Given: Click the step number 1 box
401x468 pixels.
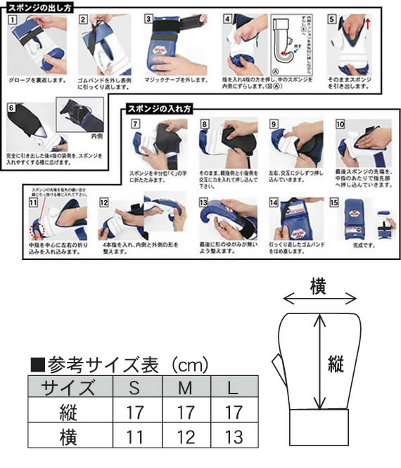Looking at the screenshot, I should (x=11, y=20).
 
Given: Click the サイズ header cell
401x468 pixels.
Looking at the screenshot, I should (x=68, y=386).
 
